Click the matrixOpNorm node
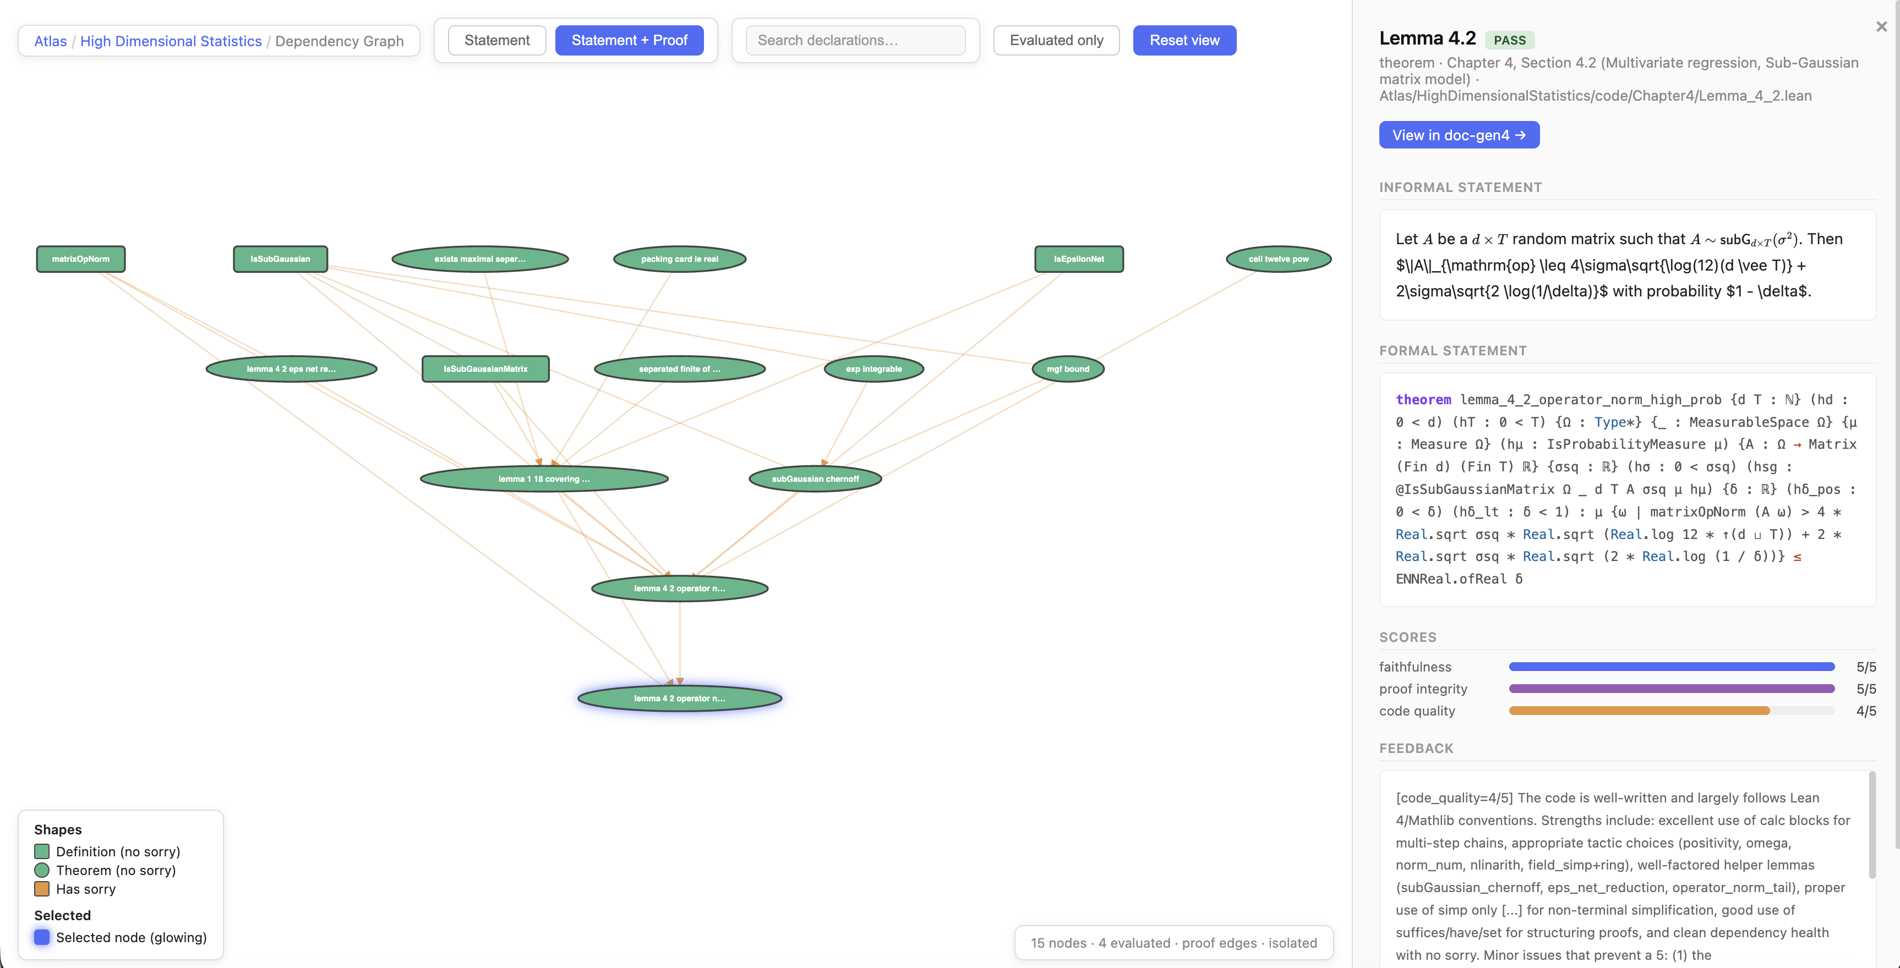click(x=80, y=258)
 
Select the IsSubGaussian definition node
click(x=280, y=258)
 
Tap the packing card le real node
click(x=679, y=258)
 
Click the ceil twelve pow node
click(x=1278, y=258)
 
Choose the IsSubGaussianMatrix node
click(x=485, y=369)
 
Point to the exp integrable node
click(x=873, y=369)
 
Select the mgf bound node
click(x=1067, y=369)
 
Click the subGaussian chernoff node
click(x=815, y=479)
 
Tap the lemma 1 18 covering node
click(x=544, y=479)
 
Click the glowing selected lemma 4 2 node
click(x=679, y=698)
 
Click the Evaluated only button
click(x=1056, y=41)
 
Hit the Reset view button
click(x=1184, y=41)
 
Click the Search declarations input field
click(x=855, y=41)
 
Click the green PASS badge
click(x=1509, y=40)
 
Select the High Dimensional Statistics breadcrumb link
click(x=171, y=41)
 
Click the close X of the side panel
click(x=1881, y=26)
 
